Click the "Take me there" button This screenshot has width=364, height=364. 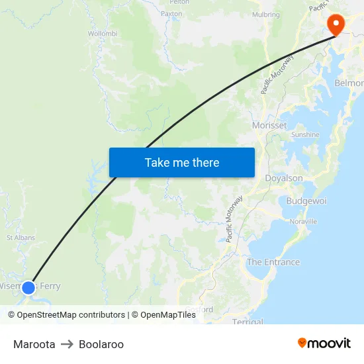(182, 162)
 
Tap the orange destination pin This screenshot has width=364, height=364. (336, 24)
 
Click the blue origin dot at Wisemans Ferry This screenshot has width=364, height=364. (28, 287)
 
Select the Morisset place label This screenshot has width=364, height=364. (269, 125)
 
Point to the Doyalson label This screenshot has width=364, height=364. (283, 178)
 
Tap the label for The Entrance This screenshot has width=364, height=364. (273, 262)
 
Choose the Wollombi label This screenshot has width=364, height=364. (103, 33)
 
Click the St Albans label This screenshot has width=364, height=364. (21, 237)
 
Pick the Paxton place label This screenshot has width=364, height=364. (171, 13)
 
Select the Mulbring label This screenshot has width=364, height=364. (265, 15)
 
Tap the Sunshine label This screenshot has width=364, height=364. (305, 134)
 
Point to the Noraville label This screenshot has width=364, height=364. (303, 221)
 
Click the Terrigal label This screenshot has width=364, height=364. (248, 322)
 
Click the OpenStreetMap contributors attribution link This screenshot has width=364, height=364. (71, 315)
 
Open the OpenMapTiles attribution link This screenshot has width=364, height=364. (168, 315)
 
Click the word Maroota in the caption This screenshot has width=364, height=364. (34, 344)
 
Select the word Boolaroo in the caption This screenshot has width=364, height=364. (101, 344)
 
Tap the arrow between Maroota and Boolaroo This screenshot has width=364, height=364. (67, 344)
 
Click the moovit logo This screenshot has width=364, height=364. (324, 343)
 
